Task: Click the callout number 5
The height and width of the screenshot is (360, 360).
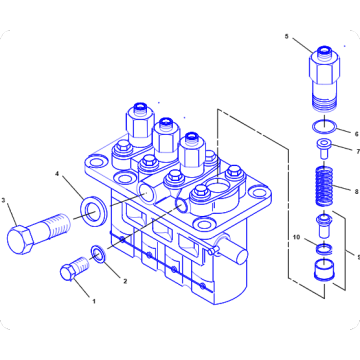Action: click(286, 38)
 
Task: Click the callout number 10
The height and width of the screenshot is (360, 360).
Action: click(296, 238)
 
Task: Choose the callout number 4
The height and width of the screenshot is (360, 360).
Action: click(58, 175)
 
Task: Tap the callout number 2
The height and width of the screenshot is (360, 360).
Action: click(125, 281)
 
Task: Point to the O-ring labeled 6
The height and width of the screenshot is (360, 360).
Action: click(322, 128)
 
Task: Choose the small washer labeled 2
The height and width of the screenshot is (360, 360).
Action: click(97, 255)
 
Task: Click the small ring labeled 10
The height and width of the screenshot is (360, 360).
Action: click(322, 245)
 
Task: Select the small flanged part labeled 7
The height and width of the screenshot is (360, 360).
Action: click(322, 150)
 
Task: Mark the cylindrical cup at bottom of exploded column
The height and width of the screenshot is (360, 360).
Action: click(322, 272)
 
